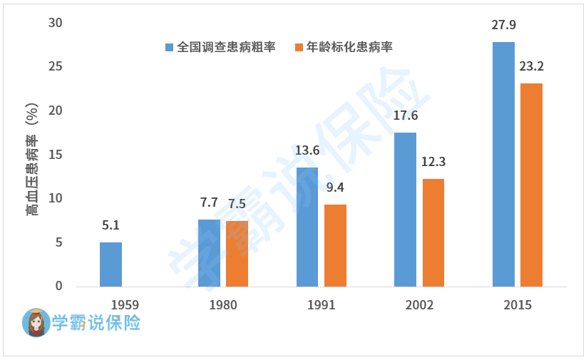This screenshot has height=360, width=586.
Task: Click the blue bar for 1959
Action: coord(110,264)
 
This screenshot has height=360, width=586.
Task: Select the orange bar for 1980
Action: coord(237,254)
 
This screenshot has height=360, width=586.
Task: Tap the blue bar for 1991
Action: coord(307,227)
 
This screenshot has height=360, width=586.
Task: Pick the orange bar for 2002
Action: coord(433,232)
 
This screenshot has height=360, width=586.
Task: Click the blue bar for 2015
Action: coord(503,164)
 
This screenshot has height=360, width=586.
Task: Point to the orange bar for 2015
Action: coord(531,185)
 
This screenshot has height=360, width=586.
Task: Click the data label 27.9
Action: coord(503,26)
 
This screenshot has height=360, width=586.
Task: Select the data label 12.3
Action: coord(433,162)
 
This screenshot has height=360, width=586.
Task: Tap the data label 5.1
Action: coord(110,226)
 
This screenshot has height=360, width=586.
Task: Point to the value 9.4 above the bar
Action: coord(335,188)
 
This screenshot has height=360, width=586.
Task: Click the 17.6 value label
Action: coord(405,116)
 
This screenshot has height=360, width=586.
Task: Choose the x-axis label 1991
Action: coord(321,305)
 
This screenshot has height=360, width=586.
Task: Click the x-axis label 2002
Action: coord(419,305)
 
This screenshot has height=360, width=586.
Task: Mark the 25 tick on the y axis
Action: coord(55,67)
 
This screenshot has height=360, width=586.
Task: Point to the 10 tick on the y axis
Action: coord(55,198)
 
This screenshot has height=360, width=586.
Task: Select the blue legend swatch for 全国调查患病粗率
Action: coord(170,48)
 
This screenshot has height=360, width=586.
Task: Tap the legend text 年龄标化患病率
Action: coord(349,48)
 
